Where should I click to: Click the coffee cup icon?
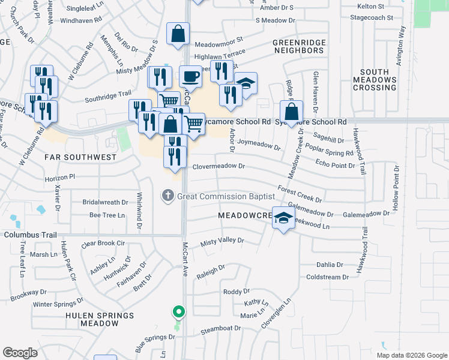click(190, 77)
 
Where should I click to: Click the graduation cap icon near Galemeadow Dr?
click(283, 217)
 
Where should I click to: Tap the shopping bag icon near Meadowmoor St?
click(178, 35)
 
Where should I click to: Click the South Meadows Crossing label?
click(375, 80)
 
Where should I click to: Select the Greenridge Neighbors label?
click(298, 46)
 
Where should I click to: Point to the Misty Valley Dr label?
click(223, 241)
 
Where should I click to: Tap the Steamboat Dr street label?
click(220, 329)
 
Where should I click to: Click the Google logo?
click(20, 353)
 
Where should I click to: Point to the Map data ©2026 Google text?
click(411, 355)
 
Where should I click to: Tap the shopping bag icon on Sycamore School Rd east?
click(291, 112)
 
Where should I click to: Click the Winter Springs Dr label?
click(58, 304)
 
